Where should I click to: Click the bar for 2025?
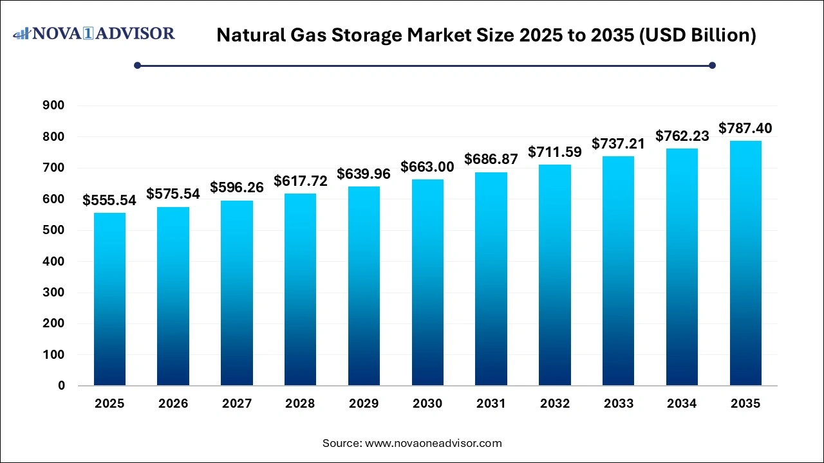click(x=109, y=299)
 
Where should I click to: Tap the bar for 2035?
click(x=745, y=263)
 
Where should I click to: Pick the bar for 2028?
click(x=300, y=289)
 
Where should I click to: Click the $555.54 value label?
click(x=109, y=201)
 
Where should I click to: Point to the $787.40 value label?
click(x=745, y=129)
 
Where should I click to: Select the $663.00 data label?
click(x=427, y=167)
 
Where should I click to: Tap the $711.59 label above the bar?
click(x=554, y=152)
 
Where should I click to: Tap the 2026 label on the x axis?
click(x=173, y=404)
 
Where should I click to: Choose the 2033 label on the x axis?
click(x=618, y=404)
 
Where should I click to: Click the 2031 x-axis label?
click(x=491, y=404)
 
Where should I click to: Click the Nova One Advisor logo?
click(x=94, y=33)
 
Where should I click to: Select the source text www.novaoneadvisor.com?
click(x=433, y=443)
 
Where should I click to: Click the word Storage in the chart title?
click(x=373, y=35)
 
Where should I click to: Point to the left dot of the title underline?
click(x=137, y=65)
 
